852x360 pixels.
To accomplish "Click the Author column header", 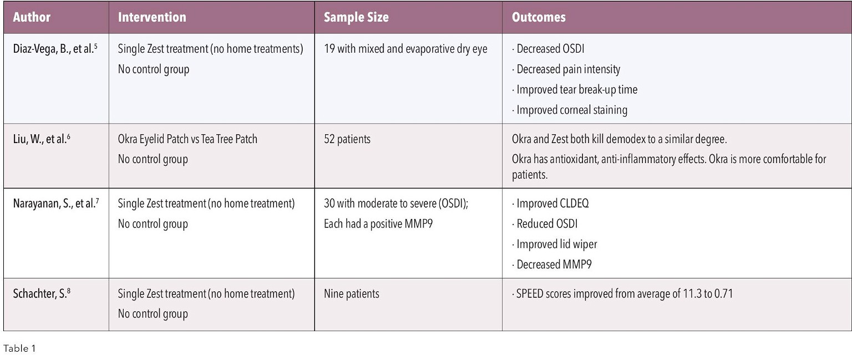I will [32, 17].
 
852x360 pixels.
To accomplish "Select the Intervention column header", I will [152, 17].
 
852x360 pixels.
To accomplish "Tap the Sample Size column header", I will [356, 17].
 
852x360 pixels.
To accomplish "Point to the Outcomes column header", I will [538, 17].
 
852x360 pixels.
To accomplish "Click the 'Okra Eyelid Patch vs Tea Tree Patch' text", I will [187, 139].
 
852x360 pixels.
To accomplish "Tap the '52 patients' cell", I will [347, 139].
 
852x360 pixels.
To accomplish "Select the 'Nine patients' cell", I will [352, 293].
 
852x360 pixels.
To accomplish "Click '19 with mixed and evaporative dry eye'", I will [405, 49].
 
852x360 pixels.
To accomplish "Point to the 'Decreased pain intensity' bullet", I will [568, 69].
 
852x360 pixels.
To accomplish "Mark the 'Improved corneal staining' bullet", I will [571, 110].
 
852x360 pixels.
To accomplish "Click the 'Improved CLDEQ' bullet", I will [552, 204].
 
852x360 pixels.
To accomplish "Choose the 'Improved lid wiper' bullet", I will [557, 244].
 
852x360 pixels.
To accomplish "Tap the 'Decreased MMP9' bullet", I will [554, 265].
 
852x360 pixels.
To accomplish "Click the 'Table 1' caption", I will [19, 349].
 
